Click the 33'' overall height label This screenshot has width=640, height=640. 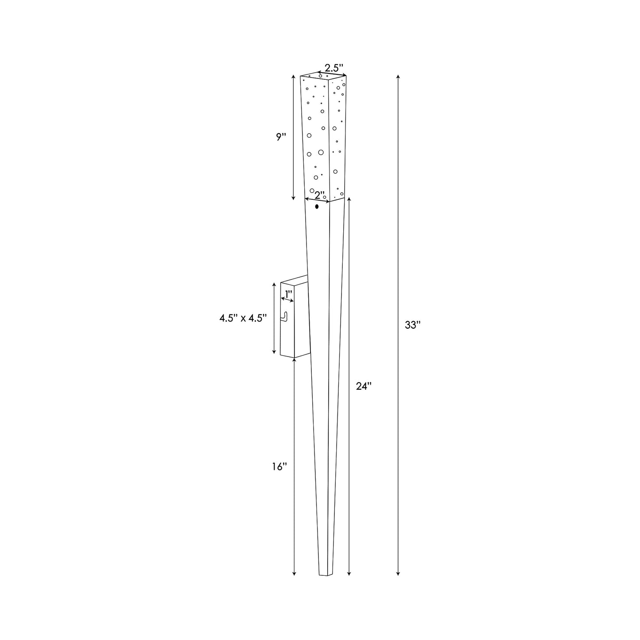click(412, 325)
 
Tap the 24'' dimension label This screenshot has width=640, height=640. click(363, 386)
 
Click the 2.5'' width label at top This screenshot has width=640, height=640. click(334, 68)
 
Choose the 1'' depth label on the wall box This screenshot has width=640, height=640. click(289, 293)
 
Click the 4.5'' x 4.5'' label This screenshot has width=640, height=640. click(243, 318)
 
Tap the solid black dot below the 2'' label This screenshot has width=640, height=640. click(317, 206)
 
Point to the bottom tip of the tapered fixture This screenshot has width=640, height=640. click(325, 575)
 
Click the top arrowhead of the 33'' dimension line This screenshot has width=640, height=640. click(398, 77)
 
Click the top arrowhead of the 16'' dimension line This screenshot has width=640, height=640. click(295, 360)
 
